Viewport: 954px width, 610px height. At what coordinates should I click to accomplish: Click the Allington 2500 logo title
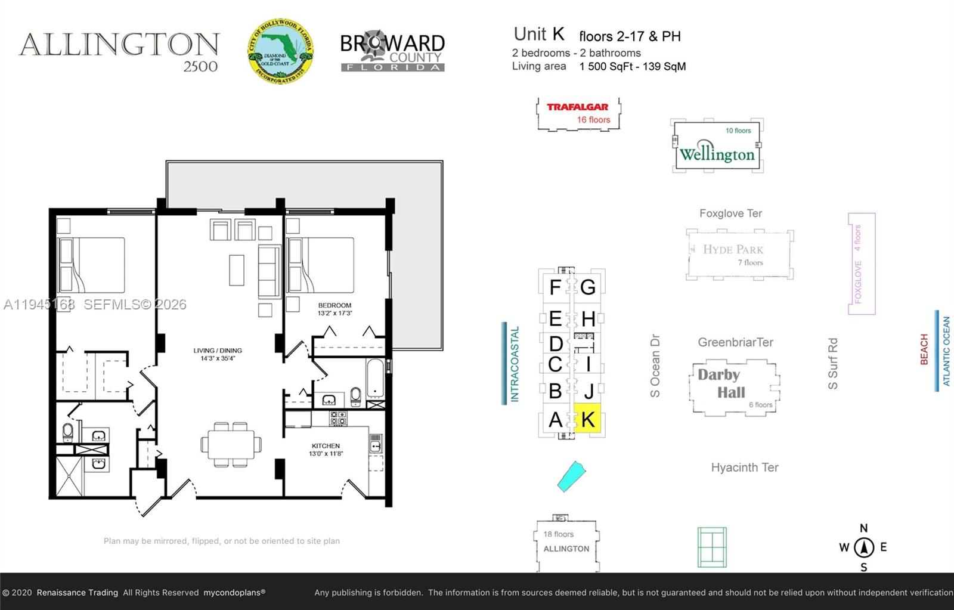(119, 51)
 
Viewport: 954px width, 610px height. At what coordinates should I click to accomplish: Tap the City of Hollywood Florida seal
(281, 51)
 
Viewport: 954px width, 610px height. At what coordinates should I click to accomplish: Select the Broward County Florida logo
(392, 52)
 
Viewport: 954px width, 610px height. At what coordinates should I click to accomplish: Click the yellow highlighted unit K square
(587, 419)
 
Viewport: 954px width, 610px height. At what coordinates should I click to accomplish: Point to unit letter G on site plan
(588, 287)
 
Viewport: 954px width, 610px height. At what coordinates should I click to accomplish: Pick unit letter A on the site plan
(555, 420)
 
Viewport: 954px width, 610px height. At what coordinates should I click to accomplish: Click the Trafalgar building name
(578, 107)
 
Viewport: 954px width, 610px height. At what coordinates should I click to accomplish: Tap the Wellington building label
(717, 154)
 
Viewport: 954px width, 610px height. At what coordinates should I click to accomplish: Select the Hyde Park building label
(733, 250)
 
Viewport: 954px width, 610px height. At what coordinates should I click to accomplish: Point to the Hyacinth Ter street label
(745, 467)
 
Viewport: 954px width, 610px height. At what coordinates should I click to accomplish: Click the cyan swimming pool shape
(572, 476)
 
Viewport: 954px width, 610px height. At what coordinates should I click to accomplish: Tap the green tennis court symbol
(712, 547)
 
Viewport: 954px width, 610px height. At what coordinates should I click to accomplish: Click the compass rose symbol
(864, 547)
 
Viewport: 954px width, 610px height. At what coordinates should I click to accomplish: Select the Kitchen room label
(326, 446)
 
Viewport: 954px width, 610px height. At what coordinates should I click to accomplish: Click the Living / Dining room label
(218, 351)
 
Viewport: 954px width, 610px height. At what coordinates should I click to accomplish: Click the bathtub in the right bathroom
(376, 378)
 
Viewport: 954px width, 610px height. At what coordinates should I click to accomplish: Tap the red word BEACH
(924, 349)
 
